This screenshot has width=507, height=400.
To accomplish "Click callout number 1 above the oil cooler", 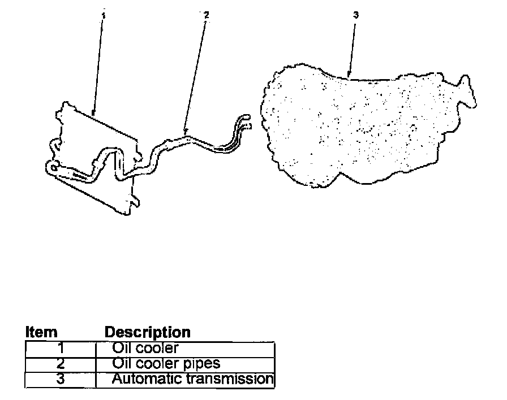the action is click(x=102, y=15).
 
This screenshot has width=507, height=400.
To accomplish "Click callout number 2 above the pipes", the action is click(x=206, y=15).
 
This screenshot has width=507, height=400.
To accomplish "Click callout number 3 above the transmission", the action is click(x=355, y=15).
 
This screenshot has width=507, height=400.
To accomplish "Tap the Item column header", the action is click(x=41, y=332).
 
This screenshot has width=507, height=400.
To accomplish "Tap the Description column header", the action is click(x=148, y=332).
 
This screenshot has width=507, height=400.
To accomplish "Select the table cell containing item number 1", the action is click(x=61, y=349).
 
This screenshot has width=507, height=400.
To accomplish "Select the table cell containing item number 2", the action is click(x=61, y=363).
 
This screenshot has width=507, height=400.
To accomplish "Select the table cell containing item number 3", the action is click(x=61, y=379).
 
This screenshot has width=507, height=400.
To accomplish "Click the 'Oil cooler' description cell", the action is click(x=186, y=349).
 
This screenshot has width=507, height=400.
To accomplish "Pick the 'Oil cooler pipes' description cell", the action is click(x=186, y=363).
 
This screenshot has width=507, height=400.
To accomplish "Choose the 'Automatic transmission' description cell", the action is click(x=186, y=379).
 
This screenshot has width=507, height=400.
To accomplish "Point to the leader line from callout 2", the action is click(x=196, y=73).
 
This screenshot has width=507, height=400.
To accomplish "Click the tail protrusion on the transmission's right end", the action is click(x=467, y=90).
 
